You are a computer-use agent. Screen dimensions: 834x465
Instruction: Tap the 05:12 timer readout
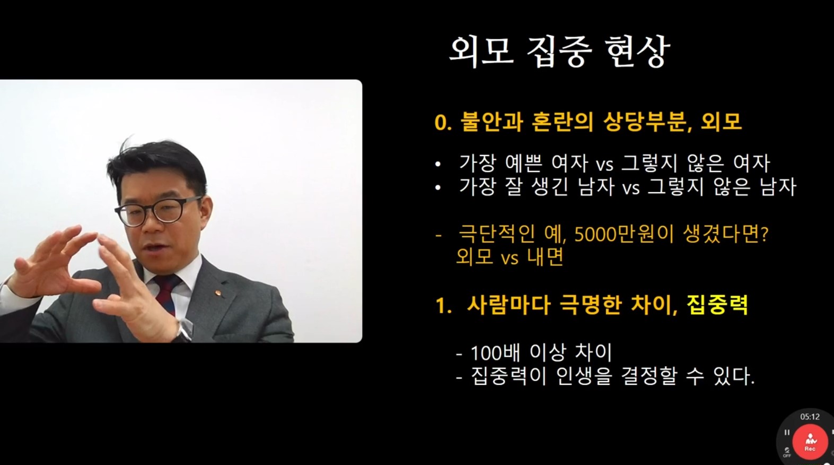[x=810, y=417]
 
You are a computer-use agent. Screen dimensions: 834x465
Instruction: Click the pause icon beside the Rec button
[x=787, y=433]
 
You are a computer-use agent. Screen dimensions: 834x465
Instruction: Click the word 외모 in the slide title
[x=480, y=51]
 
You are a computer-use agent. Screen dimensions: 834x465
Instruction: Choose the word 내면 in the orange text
[x=545, y=257]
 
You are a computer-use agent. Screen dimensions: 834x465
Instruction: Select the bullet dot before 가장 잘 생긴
[x=438, y=187]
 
